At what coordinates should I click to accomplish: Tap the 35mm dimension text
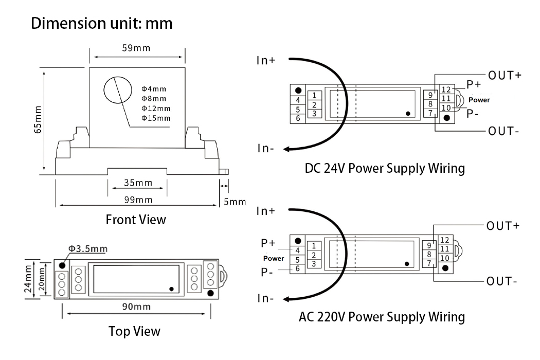coord(138,183)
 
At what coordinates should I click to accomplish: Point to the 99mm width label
coord(138,200)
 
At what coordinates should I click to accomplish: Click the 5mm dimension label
coord(235,202)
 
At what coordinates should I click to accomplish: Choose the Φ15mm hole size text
coord(156,118)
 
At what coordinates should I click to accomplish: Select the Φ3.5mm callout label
coord(88,249)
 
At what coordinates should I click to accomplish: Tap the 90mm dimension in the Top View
coord(136,307)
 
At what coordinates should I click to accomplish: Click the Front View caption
coord(136,220)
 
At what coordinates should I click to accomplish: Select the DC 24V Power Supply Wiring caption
coord(385,168)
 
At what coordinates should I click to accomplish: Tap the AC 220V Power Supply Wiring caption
coord(382,316)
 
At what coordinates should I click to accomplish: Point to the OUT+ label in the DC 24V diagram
coord(505,75)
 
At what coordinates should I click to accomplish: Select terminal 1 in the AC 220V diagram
coord(314,246)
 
